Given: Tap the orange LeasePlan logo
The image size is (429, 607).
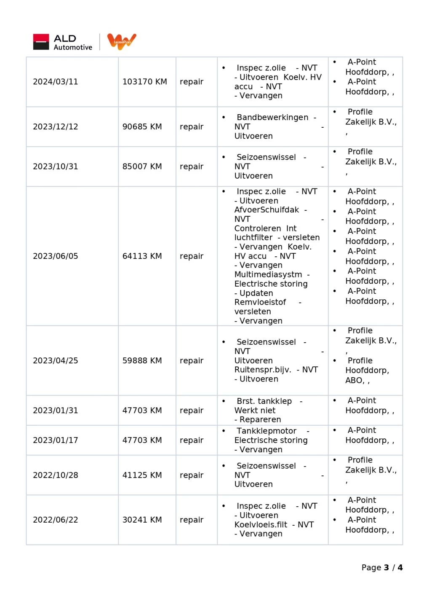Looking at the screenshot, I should pos(122,41).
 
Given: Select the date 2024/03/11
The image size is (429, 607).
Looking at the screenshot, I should pos(56,82).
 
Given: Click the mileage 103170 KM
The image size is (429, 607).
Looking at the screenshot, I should pos(144,82).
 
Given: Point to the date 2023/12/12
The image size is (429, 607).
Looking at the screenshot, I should pos(56,127).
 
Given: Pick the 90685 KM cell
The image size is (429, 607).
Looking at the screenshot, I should pos(142,127).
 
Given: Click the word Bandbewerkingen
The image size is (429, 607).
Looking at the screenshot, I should pos(272,118).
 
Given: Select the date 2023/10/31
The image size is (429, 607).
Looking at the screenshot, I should pos(56,167).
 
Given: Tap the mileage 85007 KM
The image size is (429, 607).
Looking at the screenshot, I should pos(142,167).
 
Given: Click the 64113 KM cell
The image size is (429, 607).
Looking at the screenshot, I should pos(142,256).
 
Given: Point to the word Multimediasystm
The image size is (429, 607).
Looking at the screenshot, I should pos(268,275).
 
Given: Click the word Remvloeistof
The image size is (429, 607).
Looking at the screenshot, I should pos(260,303).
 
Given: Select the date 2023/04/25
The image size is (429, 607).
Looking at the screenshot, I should pos(56,361).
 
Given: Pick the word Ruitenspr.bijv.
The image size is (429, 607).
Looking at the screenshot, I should pos(263,370).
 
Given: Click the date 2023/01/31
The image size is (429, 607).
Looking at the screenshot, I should pos(56,411).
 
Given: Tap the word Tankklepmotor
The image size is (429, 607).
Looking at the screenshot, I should pos(266,431).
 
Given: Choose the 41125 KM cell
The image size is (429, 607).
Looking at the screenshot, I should pos(142,475).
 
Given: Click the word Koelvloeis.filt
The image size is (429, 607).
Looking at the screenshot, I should pos(261,525).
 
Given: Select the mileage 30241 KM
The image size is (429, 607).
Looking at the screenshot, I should pos(142,520).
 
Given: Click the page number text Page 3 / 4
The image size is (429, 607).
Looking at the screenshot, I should pos(382,568).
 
